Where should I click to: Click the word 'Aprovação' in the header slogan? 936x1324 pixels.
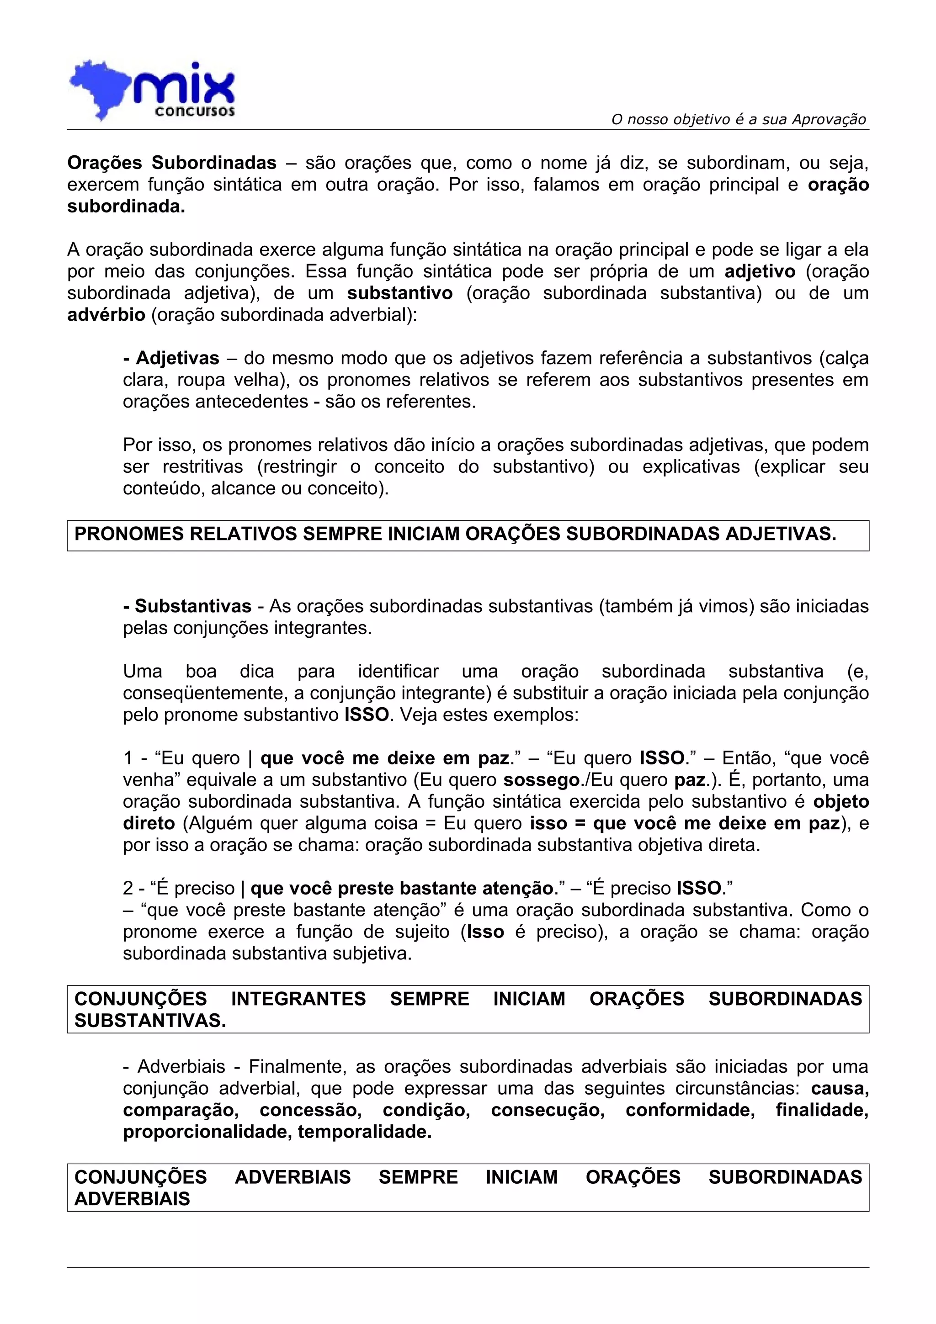(829, 119)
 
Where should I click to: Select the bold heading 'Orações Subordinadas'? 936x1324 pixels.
(172, 163)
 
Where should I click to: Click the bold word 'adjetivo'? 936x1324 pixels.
(760, 271)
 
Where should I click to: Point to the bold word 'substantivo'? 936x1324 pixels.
(399, 293)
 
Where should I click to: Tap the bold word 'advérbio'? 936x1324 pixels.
(106, 315)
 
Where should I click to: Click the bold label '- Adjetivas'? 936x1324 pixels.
(171, 359)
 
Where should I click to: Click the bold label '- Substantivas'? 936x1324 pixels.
(187, 607)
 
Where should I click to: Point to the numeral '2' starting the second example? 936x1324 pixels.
(128, 889)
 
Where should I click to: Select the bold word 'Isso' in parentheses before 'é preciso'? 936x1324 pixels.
(485, 932)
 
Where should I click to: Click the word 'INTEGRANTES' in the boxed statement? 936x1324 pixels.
(298, 999)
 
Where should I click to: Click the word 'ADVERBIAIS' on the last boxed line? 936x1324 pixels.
(132, 1199)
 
